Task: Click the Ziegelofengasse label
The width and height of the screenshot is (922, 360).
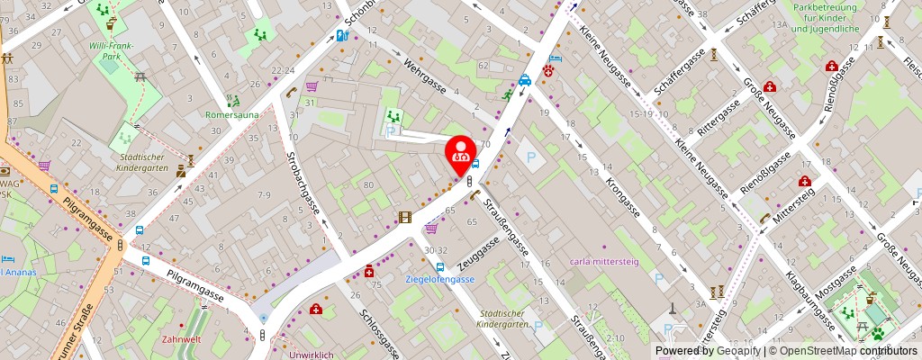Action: pos(440,279)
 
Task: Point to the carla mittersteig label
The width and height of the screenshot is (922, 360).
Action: pos(603,263)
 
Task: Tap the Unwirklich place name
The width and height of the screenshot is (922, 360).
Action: pos(312,355)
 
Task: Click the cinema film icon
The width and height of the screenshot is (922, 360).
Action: pos(405,217)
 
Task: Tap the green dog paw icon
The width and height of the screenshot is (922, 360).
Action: pos(878,333)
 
